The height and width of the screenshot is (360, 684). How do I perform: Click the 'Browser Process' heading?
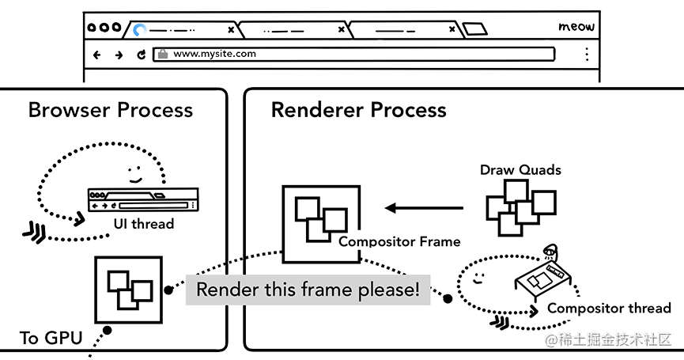(x=110, y=109)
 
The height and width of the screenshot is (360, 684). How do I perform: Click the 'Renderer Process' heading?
(x=358, y=109)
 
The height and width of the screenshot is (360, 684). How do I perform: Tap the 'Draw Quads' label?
(x=520, y=170)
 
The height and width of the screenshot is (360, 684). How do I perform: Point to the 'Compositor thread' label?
(x=609, y=308)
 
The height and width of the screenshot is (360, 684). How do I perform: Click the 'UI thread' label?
(x=143, y=224)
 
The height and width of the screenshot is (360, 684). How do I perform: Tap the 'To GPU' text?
(x=51, y=339)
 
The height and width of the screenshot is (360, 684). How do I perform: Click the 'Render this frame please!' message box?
(x=308, y=290)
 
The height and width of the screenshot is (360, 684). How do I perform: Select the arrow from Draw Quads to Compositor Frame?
(x=424, y=208)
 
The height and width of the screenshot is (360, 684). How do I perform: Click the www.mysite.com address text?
(x=214, y=55)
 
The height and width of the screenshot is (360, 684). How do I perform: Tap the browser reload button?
(x=142, y=55)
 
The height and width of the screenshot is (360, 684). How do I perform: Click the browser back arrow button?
(x=97, y=55)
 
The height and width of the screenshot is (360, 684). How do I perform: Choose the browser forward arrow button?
(x=119, y=55)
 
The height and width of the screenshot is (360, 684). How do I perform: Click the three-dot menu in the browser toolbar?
(x=587, y=55)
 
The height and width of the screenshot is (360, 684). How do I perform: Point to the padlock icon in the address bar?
(x=162, y=55)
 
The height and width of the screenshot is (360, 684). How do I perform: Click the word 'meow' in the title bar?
(x=576, y=27)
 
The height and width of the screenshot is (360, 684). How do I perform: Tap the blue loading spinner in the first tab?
(x=140, y=30)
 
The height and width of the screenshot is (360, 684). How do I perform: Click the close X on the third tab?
(x=452, y=30)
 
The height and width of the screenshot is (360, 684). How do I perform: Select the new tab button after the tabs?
(x=474, y=30)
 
